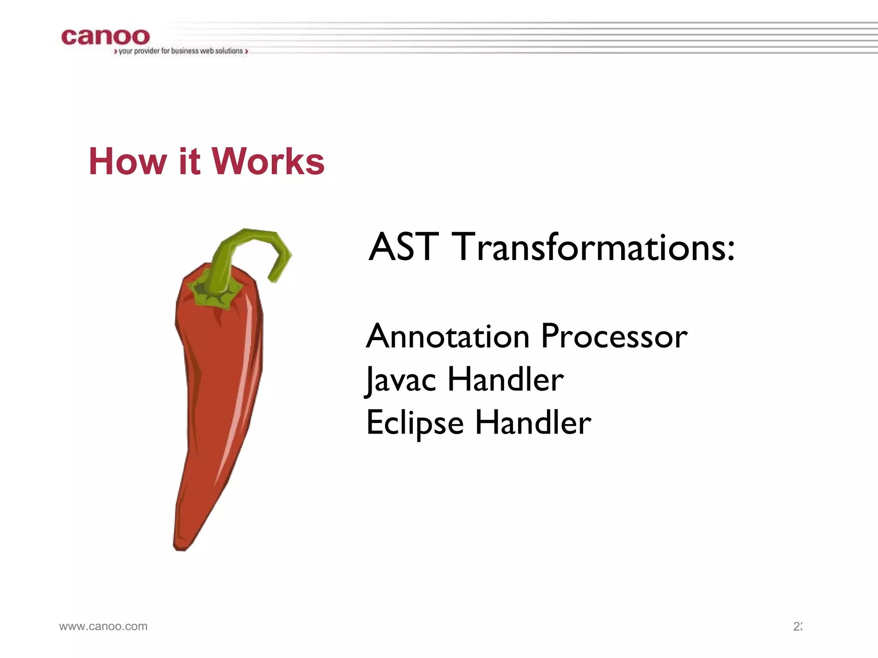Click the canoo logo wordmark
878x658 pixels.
(x=105, y=37)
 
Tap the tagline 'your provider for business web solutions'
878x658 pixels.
(x=180, y=51)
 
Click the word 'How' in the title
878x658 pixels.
(x=127, y=162)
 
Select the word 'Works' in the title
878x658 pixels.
(x=268, y=162)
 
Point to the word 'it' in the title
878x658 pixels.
(x=189, y=162)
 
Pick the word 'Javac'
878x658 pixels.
(x=401, y=380)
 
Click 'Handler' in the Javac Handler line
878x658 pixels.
(x=505, y=380)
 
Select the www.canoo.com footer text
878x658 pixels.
(x=103, y=626)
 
